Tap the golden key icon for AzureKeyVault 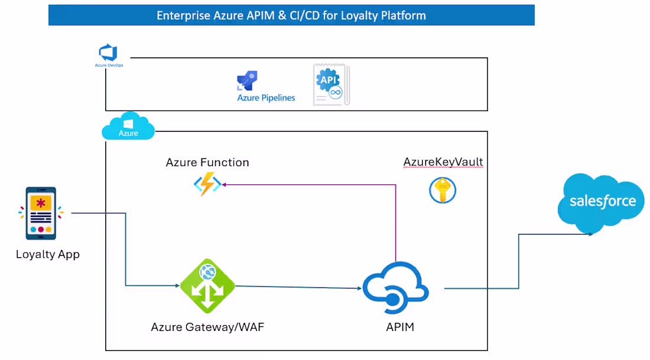click(x=443, y=190)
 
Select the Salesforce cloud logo click(x=602, y=202)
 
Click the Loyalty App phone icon click(x=41, y=213)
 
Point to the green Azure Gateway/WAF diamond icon click(x=207, y=286)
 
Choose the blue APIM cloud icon click(x=395, y=288)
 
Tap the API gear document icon click(x=331, y=85)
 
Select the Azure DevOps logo click(x=109, y=53)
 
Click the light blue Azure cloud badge click(x=128, y=126)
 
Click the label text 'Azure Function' click(x=207, y=162)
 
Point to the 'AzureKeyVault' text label click(x=443, y=162)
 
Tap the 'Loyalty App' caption click(x=47, y=255)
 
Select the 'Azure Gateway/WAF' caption click(x=207, y=327)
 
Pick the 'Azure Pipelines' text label click(x=266, y=98)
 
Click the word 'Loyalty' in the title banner click(x=360, y=15)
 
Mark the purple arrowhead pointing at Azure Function click(x=225, y=184)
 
